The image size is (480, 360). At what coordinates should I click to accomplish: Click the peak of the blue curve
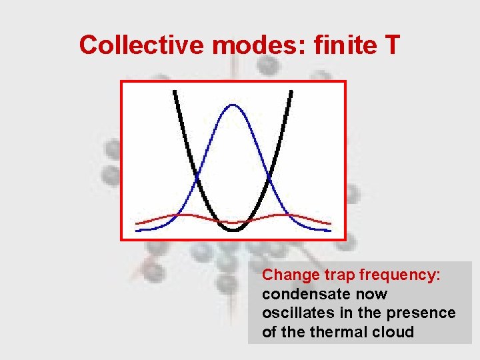pyautogui.click(x=233, y=105)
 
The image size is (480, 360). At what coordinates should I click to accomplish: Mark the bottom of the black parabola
pyautogui.click(x=233, y=230)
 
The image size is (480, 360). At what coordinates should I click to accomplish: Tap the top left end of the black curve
pyautogui.click(x=175, y=91)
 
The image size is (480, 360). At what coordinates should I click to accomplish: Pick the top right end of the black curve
pyautogui.click(x=291, y=91)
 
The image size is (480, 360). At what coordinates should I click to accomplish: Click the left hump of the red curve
pyautogui.click(x=182, y=215)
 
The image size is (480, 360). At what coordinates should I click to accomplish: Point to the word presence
pyautogui.click(x=424, y=313)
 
